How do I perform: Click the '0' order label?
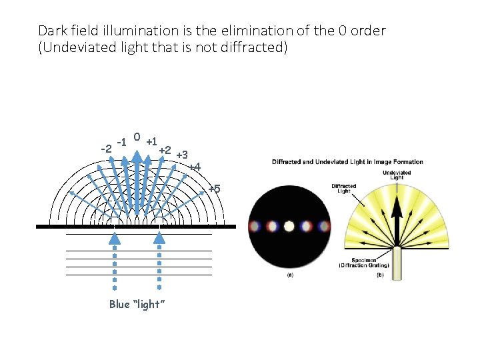(135, 137)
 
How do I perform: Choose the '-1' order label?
(121, 141)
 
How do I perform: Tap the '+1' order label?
(151, 141)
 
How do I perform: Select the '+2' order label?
(165, 150)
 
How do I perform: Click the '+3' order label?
(181, 155)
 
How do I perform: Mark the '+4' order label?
(194, 166)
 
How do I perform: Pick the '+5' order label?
(214, 189)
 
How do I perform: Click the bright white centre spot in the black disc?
(289, 226)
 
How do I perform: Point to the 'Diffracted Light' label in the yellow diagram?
(343, 189)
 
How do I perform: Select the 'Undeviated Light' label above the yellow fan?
(397, 175)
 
